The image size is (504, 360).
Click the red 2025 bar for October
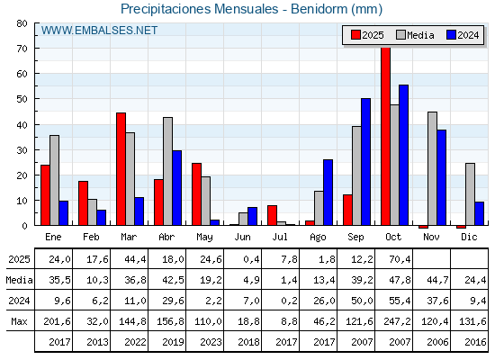(385, 137)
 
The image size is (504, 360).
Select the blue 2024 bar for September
(365, 162)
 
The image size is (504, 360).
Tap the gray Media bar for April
(167, 171)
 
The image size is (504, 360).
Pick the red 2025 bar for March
(121, 169)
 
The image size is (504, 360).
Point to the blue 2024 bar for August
(328, 193)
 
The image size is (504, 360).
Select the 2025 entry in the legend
(366, 35)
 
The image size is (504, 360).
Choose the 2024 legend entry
(461, 35)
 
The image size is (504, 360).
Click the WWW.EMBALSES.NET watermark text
(100, 31)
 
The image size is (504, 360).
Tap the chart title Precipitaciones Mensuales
(251, 9)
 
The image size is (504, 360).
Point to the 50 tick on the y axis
(22, 99)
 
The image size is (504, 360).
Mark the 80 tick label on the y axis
(22, 23)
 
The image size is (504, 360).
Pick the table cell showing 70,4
(393, 260)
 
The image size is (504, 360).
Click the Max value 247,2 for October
(393, 321)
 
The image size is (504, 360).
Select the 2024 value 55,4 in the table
(393, 301)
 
